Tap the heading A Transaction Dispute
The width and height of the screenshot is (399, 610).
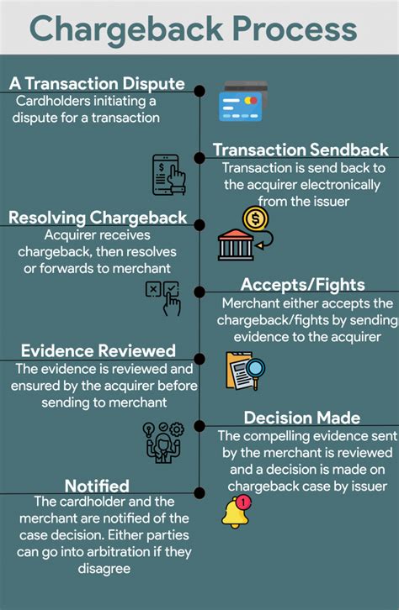point(97,84)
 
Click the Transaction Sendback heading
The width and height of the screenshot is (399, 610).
point(301,150)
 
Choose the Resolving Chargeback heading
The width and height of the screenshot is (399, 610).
point(98,218)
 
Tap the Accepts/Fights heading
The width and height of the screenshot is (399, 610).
point(303,285)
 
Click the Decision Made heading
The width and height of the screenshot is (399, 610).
point(302,418)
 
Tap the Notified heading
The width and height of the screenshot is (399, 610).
point(96,486)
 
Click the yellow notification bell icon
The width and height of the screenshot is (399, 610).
point(236,512)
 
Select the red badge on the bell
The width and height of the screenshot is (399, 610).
point(244,502)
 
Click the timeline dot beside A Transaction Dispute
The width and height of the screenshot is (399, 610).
point(199,90)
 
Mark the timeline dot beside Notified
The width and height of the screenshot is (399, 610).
point(199,492)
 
